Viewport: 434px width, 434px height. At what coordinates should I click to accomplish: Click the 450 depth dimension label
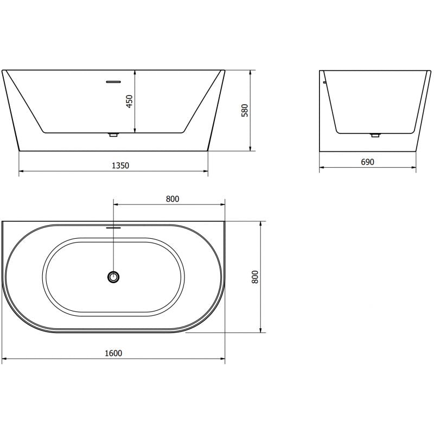click(129, 101)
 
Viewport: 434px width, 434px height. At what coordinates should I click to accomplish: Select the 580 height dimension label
click(245, 110)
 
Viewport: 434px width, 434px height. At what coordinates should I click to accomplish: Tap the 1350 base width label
click(120, 165)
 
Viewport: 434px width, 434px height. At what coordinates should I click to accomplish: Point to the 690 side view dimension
click(367, 162)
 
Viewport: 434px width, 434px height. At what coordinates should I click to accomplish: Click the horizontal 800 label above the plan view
click(172, 199)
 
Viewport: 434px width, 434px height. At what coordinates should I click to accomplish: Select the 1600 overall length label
click(113, 353)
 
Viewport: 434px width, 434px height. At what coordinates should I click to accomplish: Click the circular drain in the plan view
click(113, 277)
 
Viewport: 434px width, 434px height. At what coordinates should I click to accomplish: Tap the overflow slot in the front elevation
click(113, 82)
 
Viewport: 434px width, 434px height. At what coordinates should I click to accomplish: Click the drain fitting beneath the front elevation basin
click(113, 135)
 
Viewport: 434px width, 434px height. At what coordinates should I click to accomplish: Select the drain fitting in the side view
click(374, 135)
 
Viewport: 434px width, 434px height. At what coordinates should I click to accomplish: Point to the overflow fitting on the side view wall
click(323, 82)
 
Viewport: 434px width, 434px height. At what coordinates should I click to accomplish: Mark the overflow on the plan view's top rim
click(113, 228)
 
